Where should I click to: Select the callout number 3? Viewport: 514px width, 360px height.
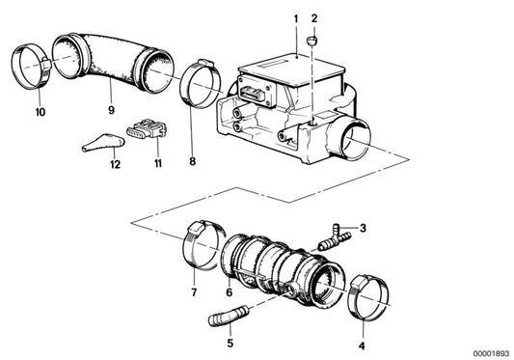[363, 228]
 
